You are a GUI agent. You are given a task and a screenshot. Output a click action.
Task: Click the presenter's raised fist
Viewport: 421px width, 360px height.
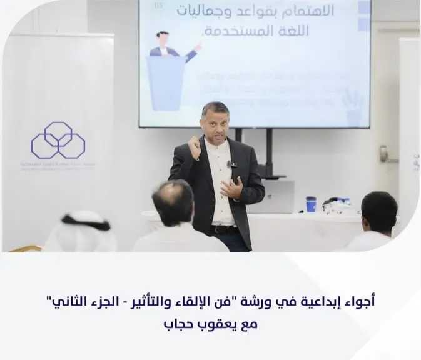pos(195,147)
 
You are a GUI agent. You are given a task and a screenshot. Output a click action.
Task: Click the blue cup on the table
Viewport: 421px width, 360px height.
pos(310,204)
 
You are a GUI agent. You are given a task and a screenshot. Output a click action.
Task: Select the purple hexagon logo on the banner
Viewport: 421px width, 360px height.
pos(58,140)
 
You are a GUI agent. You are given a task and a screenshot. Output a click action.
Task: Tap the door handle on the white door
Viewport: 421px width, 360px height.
pos(383,154)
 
